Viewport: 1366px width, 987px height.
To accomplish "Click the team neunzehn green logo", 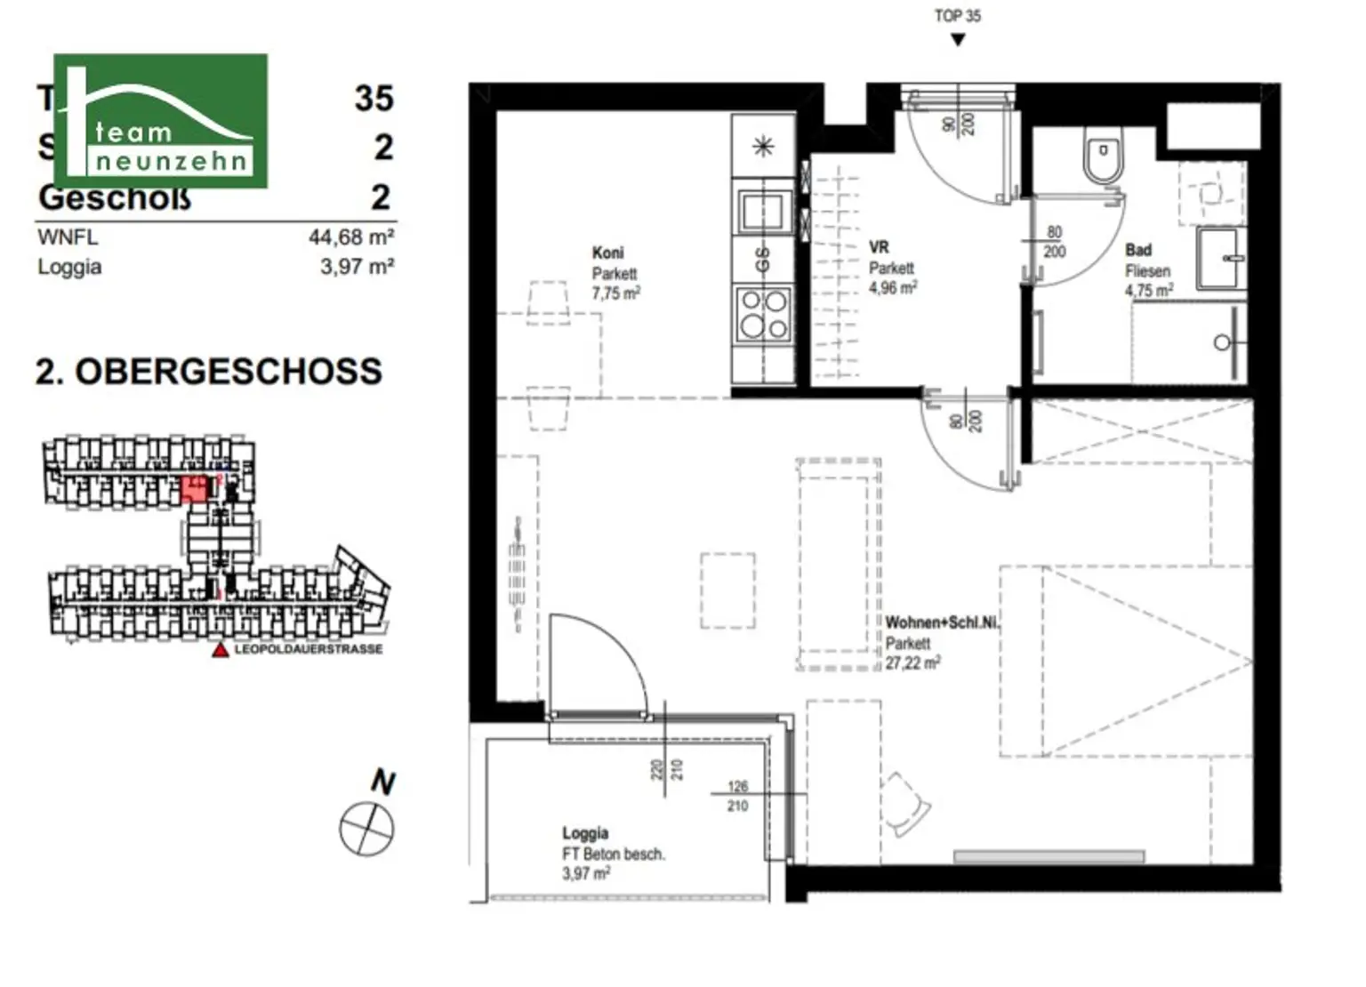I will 160,121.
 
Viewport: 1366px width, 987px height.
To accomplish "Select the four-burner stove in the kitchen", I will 763,315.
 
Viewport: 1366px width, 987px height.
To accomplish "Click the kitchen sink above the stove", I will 762,213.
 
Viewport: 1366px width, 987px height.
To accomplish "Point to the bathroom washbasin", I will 1222,258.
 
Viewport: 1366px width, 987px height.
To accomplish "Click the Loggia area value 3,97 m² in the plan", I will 585,874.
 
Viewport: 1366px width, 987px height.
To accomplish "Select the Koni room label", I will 608,253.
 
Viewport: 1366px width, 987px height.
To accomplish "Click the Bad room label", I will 1137,251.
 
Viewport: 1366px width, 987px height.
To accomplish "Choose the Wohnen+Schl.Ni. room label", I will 942,623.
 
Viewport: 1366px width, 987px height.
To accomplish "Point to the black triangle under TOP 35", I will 958,40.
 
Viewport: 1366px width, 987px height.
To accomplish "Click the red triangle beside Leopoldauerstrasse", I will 220,650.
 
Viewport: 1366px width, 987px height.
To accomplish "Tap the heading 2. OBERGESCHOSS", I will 209,372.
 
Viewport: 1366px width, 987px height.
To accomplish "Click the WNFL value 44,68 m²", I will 351,237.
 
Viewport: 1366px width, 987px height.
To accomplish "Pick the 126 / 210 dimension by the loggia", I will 737,796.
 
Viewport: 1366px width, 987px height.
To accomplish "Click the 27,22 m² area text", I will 912,663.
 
